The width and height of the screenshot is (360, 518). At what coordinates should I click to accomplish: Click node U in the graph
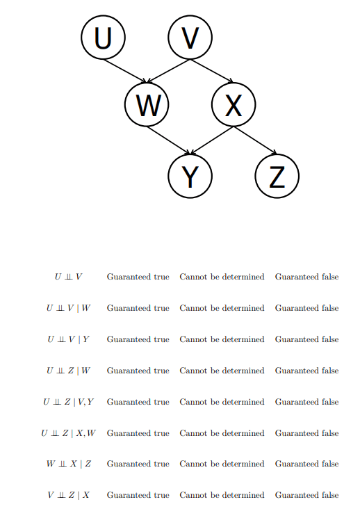(x=103, y=38)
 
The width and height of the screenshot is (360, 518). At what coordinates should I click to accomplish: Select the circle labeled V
(x=190, y=38)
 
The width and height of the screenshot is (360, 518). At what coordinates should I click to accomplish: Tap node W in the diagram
(x=147, y=104)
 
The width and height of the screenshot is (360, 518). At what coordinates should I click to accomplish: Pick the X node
(x=234, y=104)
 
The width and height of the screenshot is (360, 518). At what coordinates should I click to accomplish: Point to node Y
(x=190, y=176)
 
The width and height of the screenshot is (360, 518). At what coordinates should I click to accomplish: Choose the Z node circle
(x=277, y=176)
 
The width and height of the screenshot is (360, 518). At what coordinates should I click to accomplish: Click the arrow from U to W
(x=125, y=71)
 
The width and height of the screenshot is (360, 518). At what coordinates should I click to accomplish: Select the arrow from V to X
(x=212, y=71)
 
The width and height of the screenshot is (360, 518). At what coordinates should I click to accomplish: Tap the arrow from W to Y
(x=168, y=140)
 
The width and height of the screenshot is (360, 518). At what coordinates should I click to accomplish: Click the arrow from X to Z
(x=255, y=140)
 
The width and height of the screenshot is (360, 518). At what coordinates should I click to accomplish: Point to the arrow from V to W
(x=168, y=71)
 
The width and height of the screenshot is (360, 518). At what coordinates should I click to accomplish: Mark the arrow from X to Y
(x=212, y=140)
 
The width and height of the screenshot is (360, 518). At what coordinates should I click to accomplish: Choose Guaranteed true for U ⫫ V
(x=138, y=277)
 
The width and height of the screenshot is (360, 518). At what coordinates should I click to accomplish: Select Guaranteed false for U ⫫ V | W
(x=306, y=308)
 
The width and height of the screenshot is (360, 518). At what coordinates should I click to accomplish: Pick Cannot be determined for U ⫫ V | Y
(x=222, y=339)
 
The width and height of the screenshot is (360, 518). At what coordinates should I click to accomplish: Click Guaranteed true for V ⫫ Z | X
(x=138, y=495)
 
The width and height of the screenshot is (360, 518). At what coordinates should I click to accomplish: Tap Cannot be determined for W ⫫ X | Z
(x=222, y=464)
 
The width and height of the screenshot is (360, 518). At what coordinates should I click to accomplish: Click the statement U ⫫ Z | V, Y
(x=68, y=402)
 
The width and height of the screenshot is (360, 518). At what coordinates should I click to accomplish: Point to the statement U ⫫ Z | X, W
(x=68, y=433)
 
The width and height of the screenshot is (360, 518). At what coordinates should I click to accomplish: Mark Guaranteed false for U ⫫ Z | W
(x=306, y=371)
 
